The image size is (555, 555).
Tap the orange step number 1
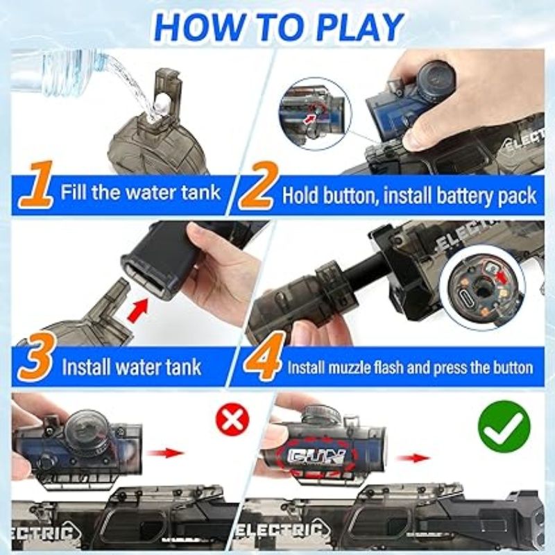(38, 184)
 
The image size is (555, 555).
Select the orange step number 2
(257, 185)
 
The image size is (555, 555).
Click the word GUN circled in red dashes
(317, 456)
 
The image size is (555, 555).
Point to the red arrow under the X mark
(165, 453)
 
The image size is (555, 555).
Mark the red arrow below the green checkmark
(413, 458)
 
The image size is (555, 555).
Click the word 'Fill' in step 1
(74, 192)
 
